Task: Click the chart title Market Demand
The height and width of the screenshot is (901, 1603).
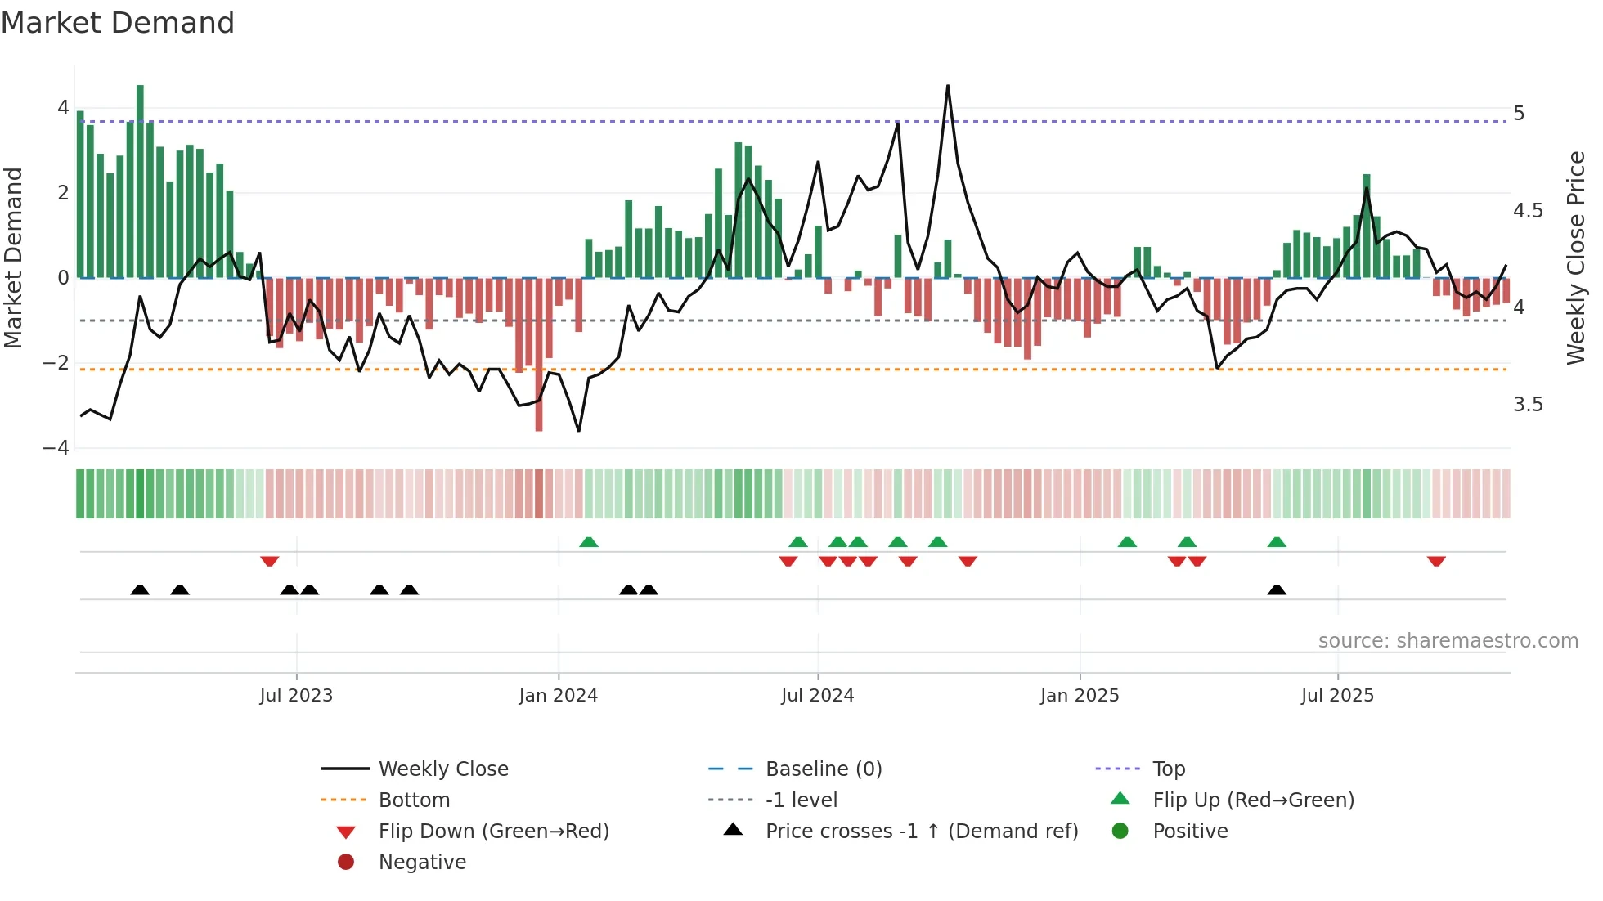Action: [118, 23]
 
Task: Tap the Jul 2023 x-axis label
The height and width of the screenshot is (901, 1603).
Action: [296, 696]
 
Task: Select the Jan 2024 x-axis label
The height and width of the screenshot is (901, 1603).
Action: [559, 696]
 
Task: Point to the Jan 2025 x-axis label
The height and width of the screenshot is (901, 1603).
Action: [1080, 696]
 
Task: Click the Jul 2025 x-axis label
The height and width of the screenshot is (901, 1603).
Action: [1337, 696]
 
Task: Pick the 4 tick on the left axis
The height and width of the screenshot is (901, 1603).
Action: [63, 108]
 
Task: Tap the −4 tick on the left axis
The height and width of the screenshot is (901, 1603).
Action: [56, 448]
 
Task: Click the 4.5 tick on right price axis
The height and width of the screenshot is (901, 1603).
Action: [1528, 211]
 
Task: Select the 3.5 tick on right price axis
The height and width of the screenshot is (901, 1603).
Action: [1528, 405]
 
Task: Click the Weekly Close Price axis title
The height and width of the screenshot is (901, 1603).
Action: [1576, 258]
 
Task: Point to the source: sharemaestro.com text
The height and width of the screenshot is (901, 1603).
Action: [1448, 641]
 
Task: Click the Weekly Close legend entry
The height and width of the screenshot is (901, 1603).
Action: [442, 769]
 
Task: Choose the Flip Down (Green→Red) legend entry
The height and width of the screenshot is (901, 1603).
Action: [493, 832]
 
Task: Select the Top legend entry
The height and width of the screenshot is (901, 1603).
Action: [1169, 769]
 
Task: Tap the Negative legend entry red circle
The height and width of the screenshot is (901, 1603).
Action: [346, 863]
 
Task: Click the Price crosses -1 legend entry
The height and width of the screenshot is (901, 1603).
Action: [921, 832]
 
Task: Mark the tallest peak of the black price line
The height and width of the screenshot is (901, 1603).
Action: [948, 86]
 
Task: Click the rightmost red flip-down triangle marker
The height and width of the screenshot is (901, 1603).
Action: [1436, 561]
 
